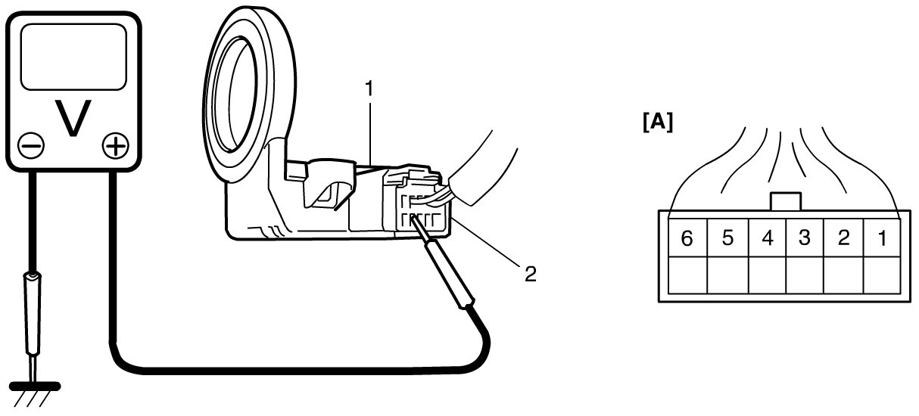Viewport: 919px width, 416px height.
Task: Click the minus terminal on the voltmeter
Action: [33, 144]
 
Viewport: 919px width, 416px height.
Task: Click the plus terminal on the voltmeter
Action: [114, 144]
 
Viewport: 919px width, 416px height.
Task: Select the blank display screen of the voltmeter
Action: [73, 56]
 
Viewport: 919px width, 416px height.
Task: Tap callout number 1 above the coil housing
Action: [369, 89]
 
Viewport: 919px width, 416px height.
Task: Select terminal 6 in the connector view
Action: [687, 238]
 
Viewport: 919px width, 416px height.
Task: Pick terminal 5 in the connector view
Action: [727, 238]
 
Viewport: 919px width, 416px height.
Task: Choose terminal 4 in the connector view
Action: [768, 238]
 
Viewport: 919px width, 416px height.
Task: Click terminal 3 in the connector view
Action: [805, 238]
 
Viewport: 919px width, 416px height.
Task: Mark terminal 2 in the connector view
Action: [843, 238]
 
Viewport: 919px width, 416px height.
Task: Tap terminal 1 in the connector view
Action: [880, 238]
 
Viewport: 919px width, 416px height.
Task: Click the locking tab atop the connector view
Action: [785, 202]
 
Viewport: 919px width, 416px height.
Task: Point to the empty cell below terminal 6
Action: [687, 275]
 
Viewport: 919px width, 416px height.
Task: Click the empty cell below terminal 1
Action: [880, 275]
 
